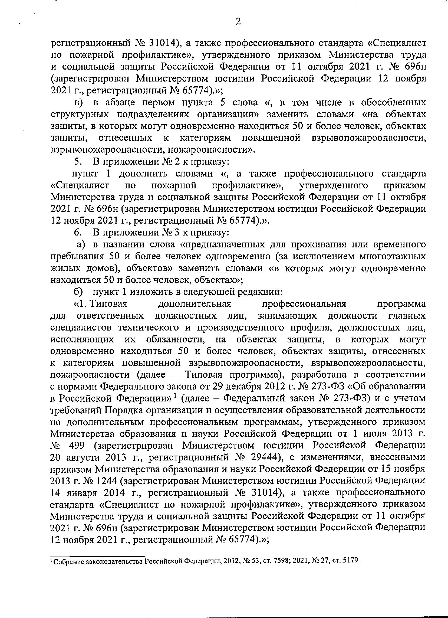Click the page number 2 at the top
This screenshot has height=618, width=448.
tap(238, 22)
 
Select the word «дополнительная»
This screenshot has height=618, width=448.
tap(195, 304)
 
